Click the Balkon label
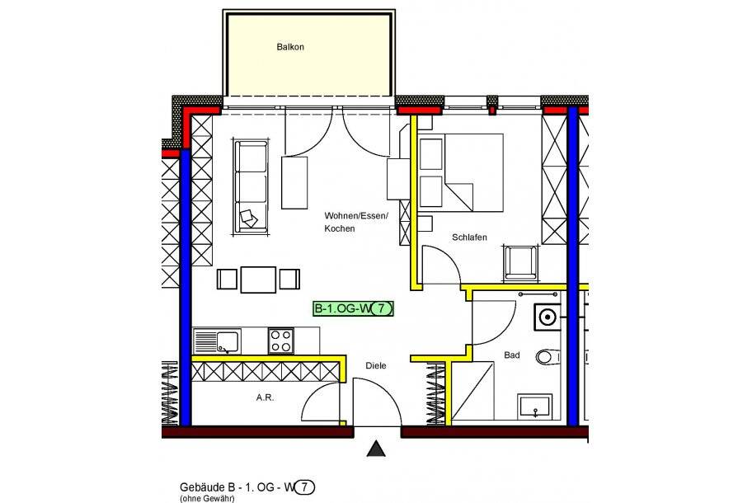[290, 48]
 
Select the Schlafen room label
[469, 237]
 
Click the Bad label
[511, 355]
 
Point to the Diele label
[376, 365]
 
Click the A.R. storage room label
[265, 397]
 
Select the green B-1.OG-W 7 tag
[353, 309]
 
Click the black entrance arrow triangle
[376, 449]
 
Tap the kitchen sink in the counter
[216, 341]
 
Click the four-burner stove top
[280, 341]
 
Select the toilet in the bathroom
[544, 357]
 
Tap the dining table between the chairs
[258, 279]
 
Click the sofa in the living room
[251, 186]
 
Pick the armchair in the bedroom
[519, 261]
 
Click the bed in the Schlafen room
[460, 172]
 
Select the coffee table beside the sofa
[295, 181]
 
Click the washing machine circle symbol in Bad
[546, 315]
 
